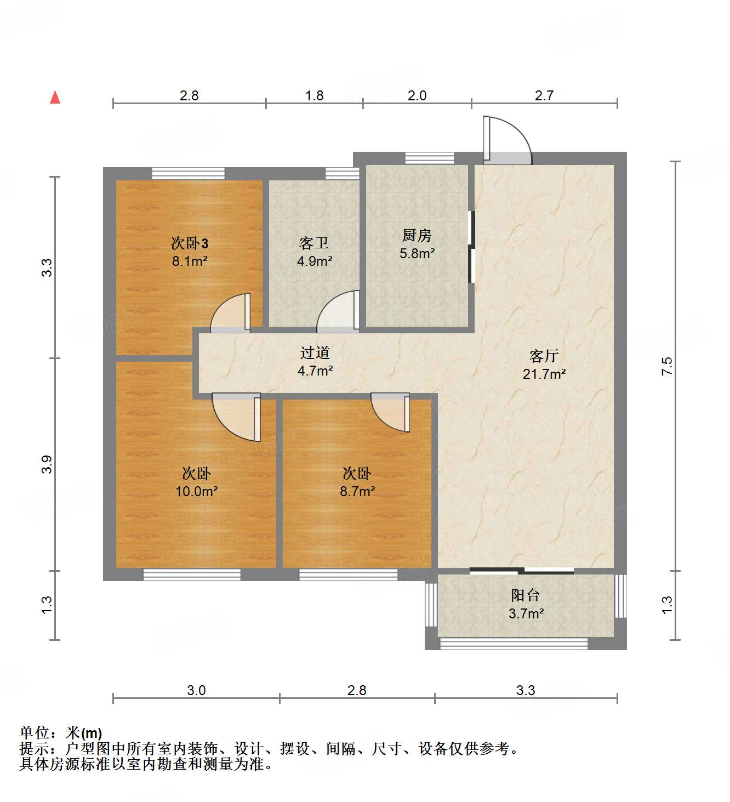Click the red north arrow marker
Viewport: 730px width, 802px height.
(x=55, y=98)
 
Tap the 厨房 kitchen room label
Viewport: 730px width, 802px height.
(x=417, y=236)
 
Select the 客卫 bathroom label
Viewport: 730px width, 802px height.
(x=314, y=243)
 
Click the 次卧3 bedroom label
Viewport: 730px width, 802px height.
(x=190, y=243)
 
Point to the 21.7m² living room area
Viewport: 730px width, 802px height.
(x=544, y=374)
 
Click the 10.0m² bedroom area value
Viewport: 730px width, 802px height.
(x=196, y=492)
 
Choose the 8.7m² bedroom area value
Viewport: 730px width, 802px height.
(x=357, y=492)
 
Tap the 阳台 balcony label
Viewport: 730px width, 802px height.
(x=525, y=595)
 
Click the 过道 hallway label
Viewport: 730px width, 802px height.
(x=315, y=353)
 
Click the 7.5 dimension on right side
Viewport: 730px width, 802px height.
(x=666, y=366)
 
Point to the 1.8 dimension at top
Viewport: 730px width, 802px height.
(x=314, y=96)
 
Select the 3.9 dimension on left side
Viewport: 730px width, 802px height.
(x=47, y=464)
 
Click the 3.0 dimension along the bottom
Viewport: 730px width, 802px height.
(x=196, y=690)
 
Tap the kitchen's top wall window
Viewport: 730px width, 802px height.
(x=429, y=158)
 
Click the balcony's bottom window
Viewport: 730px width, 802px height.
(x=514, y=644)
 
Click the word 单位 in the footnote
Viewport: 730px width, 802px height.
(x=35, y=733)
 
